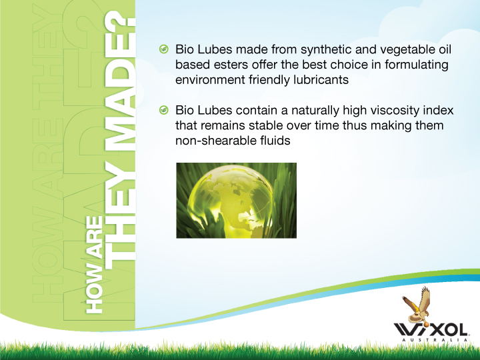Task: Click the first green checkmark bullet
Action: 164,49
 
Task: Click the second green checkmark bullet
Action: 164,110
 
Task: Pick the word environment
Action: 210,80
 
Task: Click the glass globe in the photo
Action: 230,202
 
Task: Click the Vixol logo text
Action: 431,330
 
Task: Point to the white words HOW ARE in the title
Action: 94,265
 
